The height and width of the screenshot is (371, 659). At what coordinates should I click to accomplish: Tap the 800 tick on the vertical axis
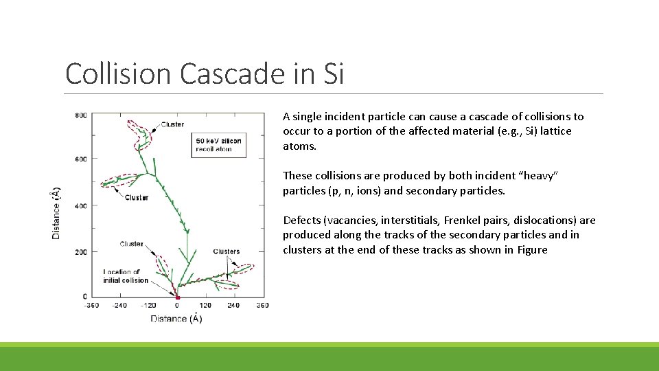point(81,115)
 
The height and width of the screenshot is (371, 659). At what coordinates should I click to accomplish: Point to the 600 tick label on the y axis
point(81,159)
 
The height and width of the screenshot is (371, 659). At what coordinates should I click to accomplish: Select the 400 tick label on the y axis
point(81,205)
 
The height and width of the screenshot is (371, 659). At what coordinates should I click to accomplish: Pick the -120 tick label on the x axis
point(148,305)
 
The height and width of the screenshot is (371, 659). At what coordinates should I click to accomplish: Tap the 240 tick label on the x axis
point(233,305)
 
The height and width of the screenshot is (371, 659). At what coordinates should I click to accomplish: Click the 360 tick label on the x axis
point(262,305)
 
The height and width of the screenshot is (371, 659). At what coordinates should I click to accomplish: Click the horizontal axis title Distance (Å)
point(176,318)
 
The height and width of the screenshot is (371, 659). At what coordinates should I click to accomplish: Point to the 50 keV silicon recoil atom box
point(218,145)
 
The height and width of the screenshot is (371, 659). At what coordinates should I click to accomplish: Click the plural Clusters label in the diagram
point(227,251)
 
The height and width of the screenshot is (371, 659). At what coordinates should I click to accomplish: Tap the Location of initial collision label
point(126,276)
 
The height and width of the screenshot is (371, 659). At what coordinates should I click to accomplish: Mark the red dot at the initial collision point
point(177,297)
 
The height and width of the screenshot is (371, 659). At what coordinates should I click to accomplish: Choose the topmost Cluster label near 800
point(172,124)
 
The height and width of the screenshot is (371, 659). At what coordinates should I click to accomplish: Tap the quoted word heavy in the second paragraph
point(542,176)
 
